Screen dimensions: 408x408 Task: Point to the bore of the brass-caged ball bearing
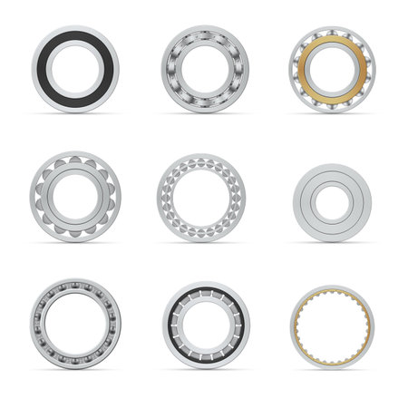(x=333, y=69)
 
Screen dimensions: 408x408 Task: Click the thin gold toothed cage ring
(x=333, y=296)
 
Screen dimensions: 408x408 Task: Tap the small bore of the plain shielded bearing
(x=333, y=196)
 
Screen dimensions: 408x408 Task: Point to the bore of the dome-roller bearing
(x=74, y=196)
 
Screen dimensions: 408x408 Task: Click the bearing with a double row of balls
(x=201, y=167)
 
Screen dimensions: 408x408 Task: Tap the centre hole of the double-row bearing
(x=201, y=197)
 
